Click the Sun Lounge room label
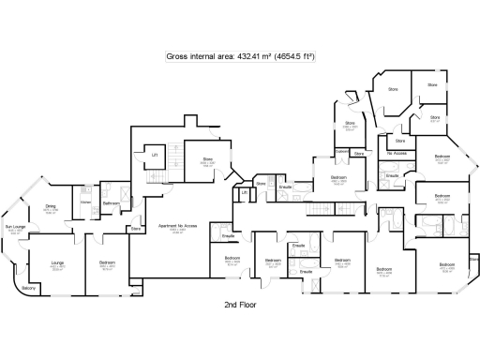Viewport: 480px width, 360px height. (x=14, y=227)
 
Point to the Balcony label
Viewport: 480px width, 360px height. (x=28, y=288)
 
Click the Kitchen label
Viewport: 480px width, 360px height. (x=84, y=202)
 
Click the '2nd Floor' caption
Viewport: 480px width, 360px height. (x=241, y=306)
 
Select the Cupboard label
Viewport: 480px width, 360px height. (x=342, y=151)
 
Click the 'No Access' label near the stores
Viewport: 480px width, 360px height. (x=397, y=152)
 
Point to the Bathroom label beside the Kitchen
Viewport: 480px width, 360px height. (x=110, y=202)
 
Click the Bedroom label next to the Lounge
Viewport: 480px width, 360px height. (x=108, y=263)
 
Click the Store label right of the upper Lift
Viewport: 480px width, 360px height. (x=207, y=159)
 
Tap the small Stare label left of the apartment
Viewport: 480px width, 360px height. (x=136, y=227)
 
